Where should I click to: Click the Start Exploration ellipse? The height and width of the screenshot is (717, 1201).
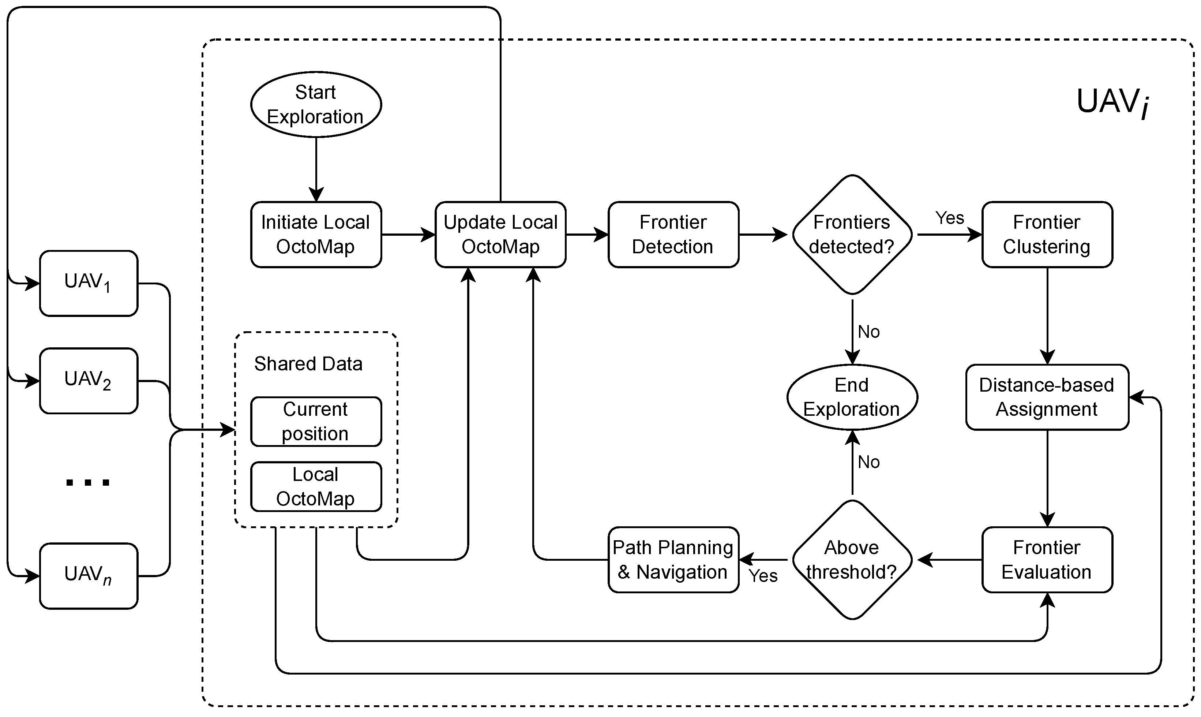[x=316, y=104]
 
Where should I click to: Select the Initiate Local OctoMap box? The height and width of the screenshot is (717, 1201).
[x=316, y=234]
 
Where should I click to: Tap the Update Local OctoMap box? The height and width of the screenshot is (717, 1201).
[x=500, y=234]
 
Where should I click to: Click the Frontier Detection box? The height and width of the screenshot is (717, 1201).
[x=673, y=234]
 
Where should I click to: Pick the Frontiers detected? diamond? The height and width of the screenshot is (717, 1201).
[x=852, y=234]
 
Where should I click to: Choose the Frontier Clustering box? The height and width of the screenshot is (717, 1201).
[x=1047, y=234]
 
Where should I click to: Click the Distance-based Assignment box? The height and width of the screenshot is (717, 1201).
[x=1047, y=397]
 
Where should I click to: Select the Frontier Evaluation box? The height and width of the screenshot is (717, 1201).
[x=1047, y=560]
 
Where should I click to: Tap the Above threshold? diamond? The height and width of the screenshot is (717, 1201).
[x=852, y=560]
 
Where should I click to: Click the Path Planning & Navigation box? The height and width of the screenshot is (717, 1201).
[x=673, y=560]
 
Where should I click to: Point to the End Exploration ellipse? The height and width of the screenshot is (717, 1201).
[x=852, y=397]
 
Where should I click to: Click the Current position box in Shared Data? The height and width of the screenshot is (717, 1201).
[x=316, y=421]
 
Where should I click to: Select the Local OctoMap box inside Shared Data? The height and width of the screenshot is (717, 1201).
[x=316, y=486]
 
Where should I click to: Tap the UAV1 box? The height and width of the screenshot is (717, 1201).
[x=89, y=283]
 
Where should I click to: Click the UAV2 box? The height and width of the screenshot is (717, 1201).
[x=89, y=381]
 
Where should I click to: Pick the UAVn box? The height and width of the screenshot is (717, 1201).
[x=89, y=575]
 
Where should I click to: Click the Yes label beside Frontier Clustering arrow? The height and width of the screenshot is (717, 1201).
[x=949, y=218]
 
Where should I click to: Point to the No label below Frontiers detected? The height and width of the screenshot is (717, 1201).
[x=868, y=332]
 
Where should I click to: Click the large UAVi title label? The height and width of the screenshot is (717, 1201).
[x=1112, y=103]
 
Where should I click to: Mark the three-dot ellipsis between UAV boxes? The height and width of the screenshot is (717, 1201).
[x=88, y=482]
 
